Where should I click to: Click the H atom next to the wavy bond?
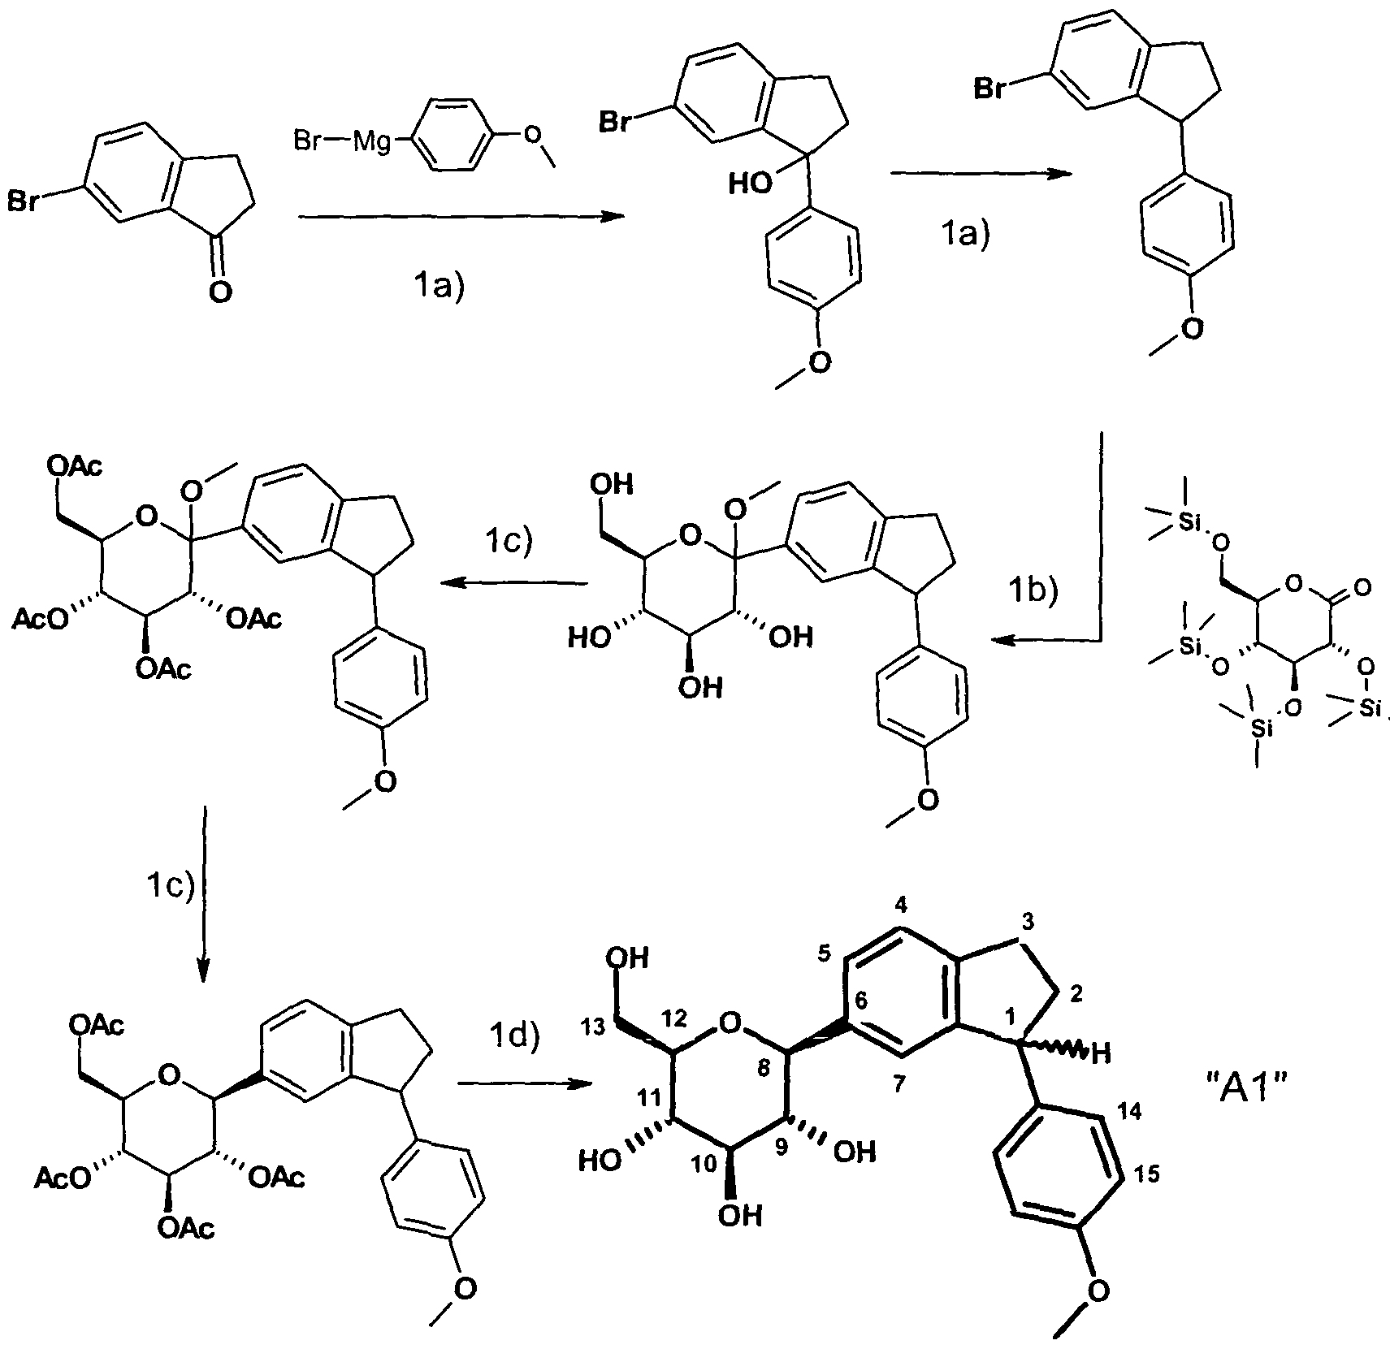pos(1099,1054)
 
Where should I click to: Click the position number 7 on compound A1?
pos(899,1086)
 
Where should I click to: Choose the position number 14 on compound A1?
pos(1131,1112)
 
